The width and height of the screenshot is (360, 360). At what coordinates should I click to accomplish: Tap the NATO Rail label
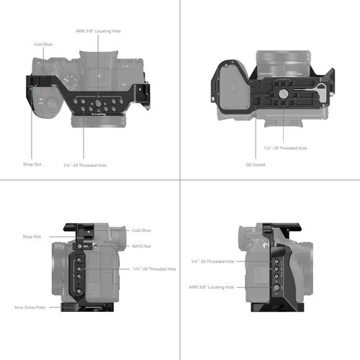point(141,246)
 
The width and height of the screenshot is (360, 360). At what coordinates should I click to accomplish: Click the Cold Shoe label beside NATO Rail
point(141,230)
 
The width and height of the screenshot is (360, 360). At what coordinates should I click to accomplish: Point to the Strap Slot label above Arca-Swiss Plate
point(32,236)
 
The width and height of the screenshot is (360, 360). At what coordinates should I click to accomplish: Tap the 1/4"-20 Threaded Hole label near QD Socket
point(285,148)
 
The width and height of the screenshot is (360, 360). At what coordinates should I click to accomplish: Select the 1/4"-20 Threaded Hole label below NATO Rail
point(154,269)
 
